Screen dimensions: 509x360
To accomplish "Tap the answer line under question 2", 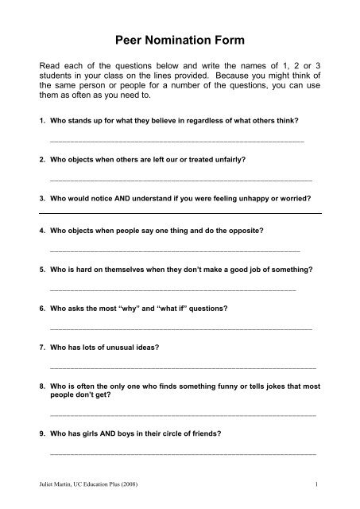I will click(x=180, y=182).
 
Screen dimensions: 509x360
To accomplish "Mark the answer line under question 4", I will click(x=174, y=251).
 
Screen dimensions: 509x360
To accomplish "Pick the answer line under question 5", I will click(x=172, y=290).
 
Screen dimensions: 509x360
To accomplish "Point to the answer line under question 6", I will click(x=180, y=328).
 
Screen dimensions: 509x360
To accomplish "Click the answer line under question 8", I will click(x=182, y=414).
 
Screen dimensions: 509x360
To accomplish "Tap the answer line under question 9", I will click(x=182, y=453).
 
